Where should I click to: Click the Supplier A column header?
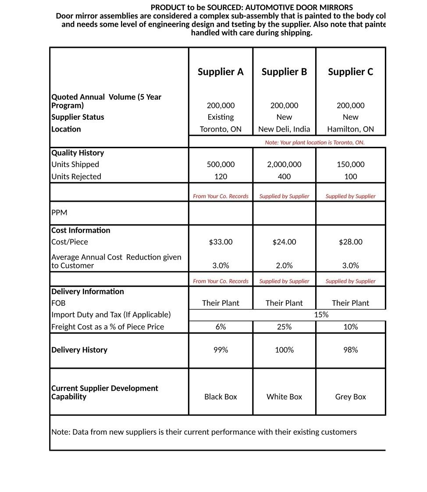221,72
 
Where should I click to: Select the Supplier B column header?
284,72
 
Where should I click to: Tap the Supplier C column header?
350,72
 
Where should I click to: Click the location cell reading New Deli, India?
284,129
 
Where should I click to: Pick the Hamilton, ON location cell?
350,129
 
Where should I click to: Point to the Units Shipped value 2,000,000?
284,164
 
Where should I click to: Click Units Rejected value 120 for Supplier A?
221,176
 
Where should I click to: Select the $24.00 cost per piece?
284,242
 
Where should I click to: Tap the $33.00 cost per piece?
221,242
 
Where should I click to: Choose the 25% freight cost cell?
284,327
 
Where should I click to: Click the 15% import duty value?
321,314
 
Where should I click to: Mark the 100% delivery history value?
284,350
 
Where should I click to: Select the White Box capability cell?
284,397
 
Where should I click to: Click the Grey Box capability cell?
350,397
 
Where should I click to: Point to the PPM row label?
59,213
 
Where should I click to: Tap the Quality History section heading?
78,153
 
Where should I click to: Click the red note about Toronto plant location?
314,143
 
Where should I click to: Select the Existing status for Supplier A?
221,117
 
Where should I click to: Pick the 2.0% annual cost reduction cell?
284,266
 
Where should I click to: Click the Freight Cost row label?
107,327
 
